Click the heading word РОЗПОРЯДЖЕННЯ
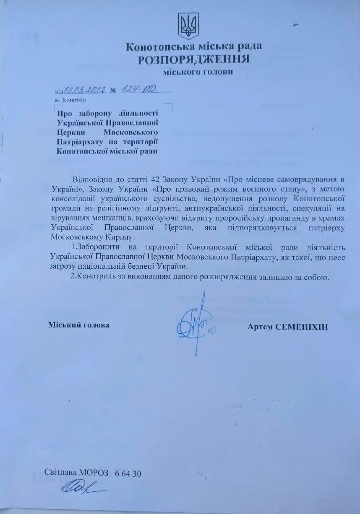(x=194, y=59)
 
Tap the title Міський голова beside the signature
(x=78, y=325)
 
